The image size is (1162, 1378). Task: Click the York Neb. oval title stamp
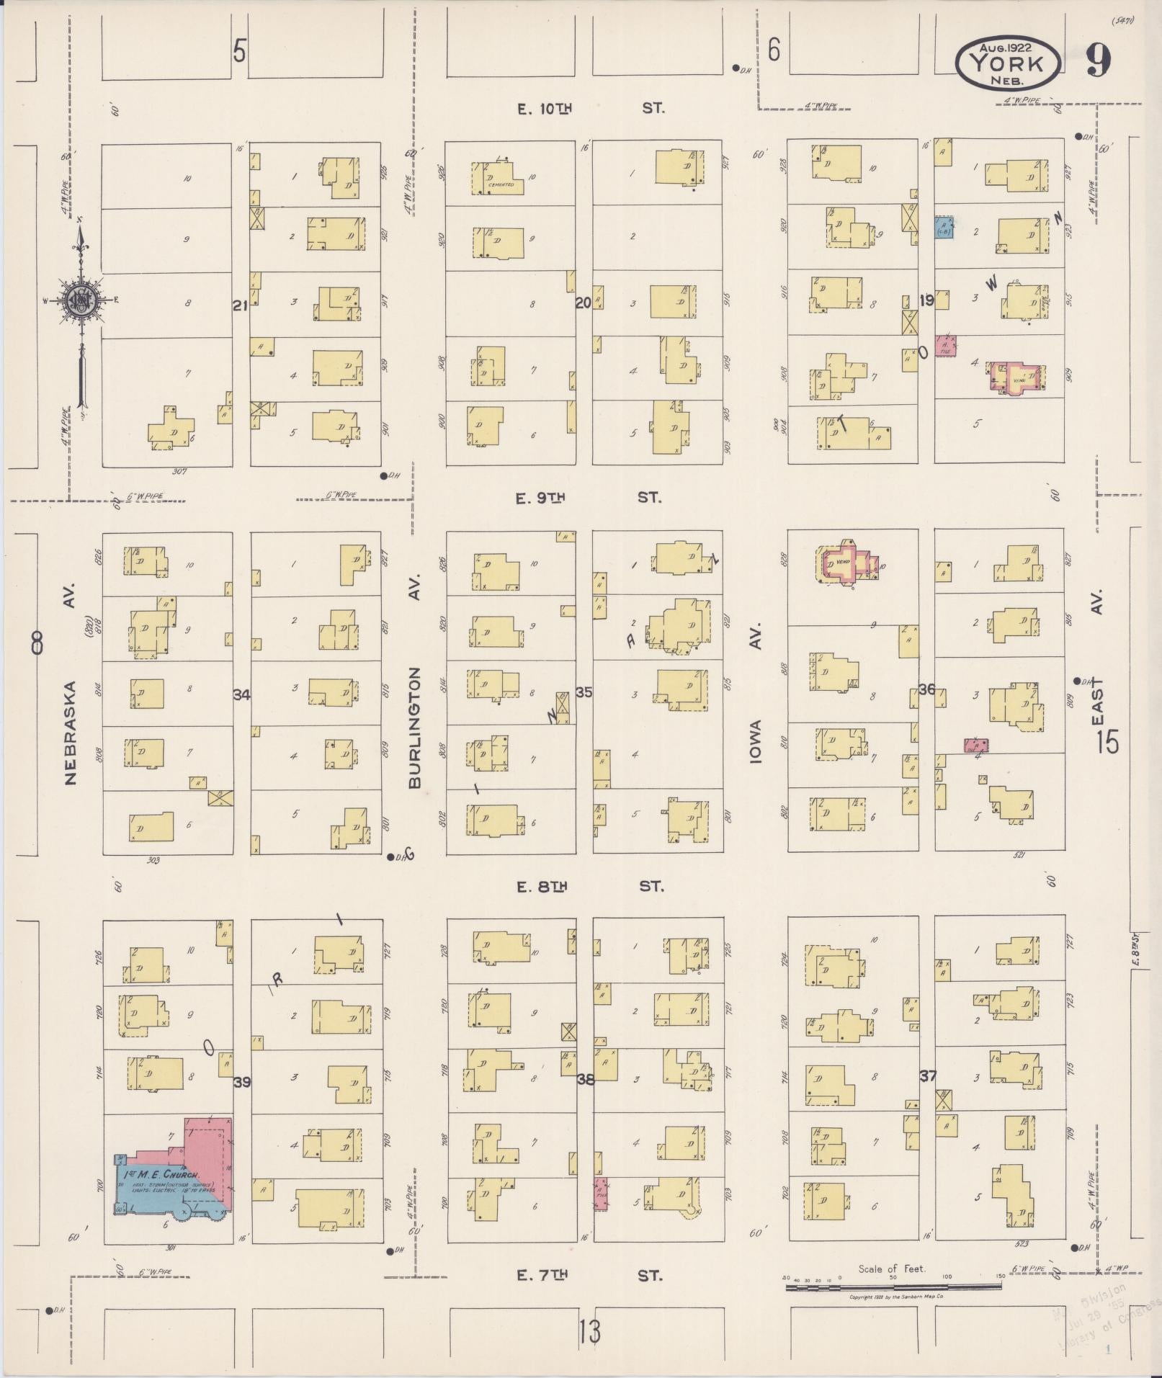(1007, 63)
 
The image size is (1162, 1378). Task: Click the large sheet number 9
(1097, 61)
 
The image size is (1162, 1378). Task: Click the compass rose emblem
(81, 301)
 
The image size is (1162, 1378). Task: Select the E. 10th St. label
(590, 109)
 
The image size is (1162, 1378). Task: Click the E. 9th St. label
(589, 498)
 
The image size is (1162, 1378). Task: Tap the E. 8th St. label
(590, 887)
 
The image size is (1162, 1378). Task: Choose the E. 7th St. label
(589, 1276)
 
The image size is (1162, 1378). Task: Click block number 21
(240, 305)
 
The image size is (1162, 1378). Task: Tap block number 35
(584, 692)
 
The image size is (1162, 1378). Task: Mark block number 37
(928, 1076)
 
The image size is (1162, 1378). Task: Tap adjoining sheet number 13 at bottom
(589, 1332)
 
